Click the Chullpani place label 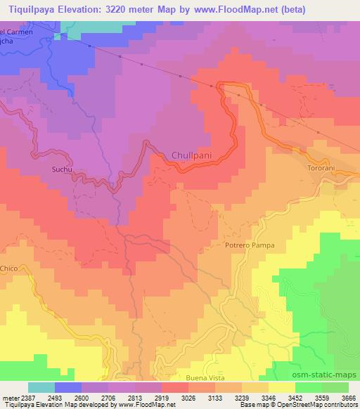pyautogui.click(x=191, y=155)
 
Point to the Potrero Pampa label pyautogui.click(x=249, y=245)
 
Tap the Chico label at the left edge pyautogui.click(x=8, y=268)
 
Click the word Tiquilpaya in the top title pyautogui.click(x=29, y=8)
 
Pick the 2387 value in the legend pyautogui.click(x=26, y=397)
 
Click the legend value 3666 pyautogui.click(x=349, y=397)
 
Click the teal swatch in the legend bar pyautogui.click(x=41, y=387)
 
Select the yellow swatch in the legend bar pyautogui.click(x=281, y=387)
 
